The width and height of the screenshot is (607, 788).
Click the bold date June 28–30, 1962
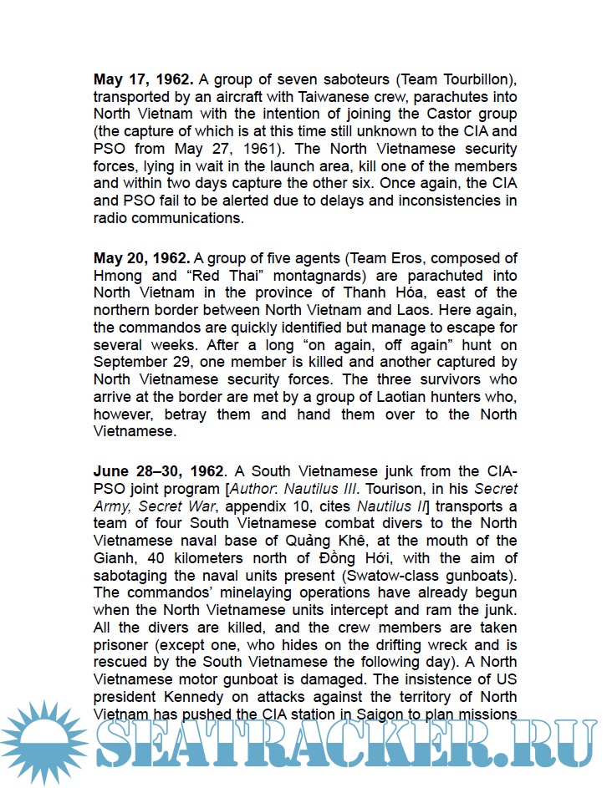[x=159, y=470]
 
